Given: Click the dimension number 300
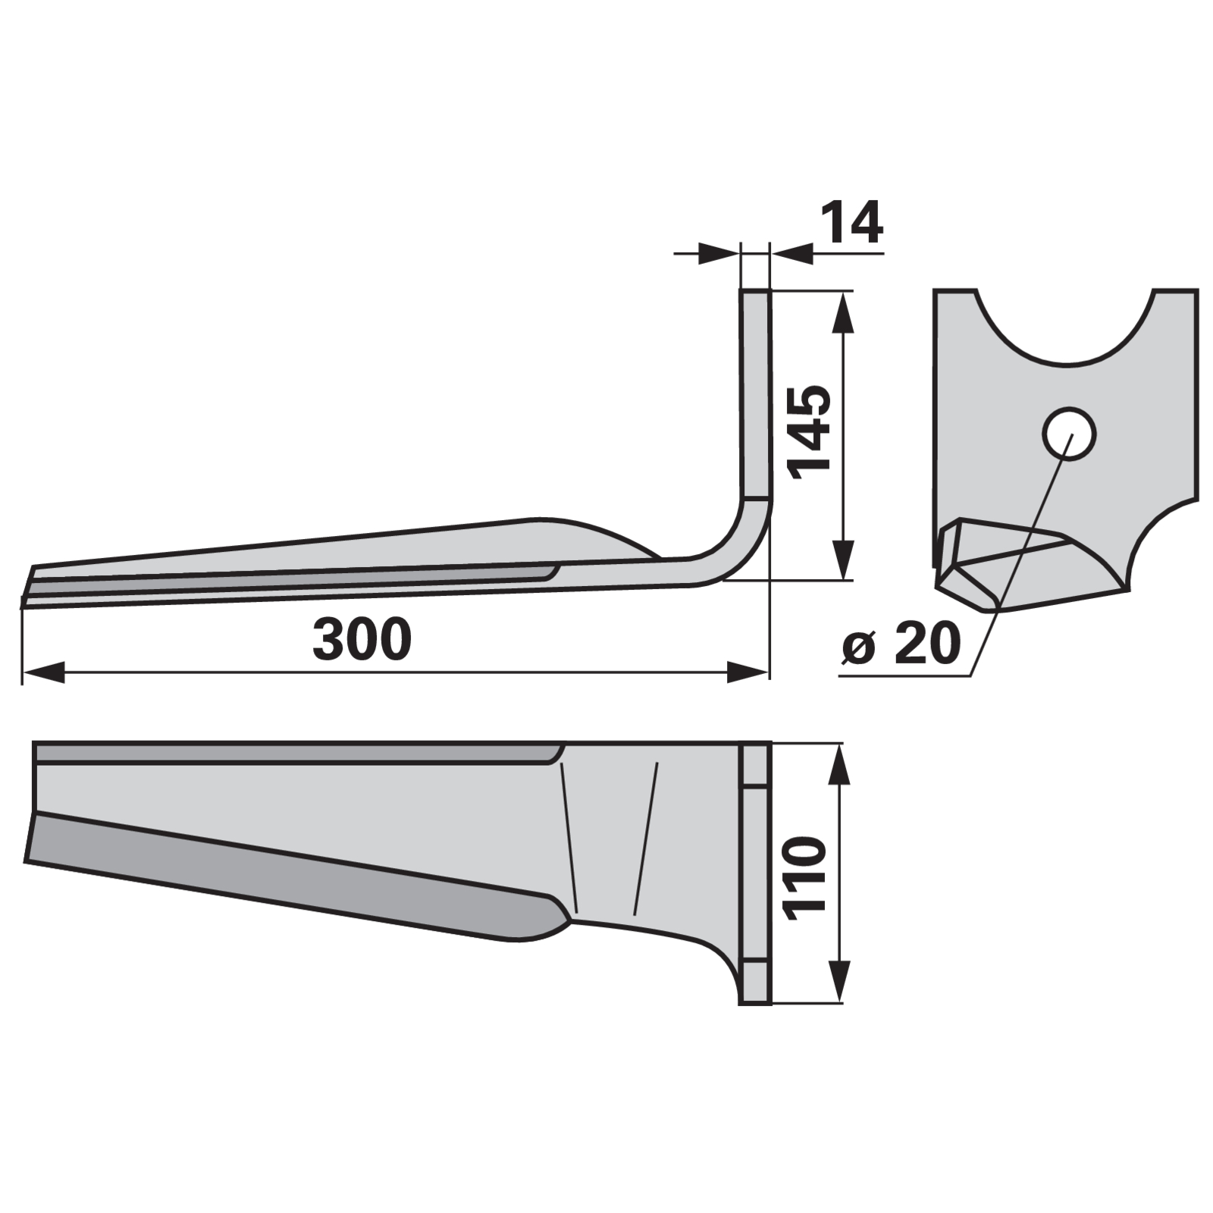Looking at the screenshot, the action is click(362, 638).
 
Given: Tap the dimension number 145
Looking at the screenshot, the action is click(810, 432).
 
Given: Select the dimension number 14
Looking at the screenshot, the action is click(852, 222).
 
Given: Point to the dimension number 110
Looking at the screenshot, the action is click(805, 879).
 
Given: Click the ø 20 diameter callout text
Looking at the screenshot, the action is click(901, 644).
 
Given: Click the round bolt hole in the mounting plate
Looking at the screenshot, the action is click(1069, 434).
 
